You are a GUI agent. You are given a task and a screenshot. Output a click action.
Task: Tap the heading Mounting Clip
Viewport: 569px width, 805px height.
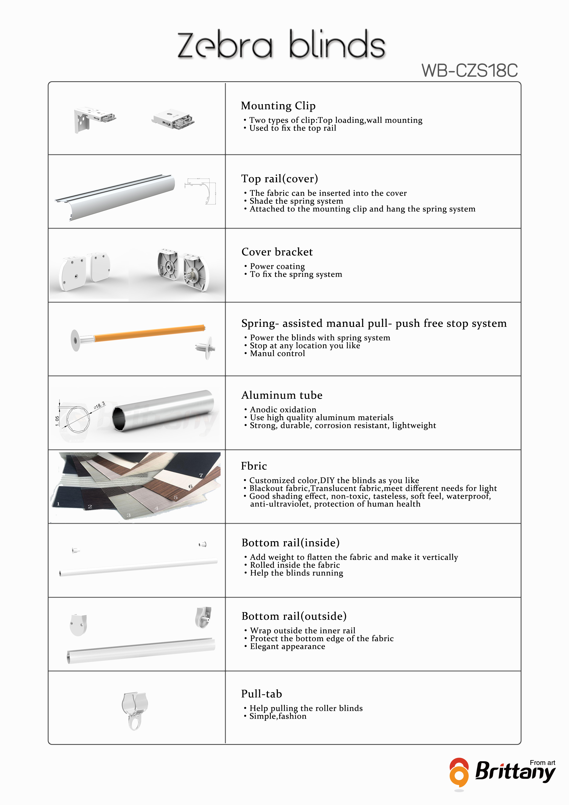[278, 106]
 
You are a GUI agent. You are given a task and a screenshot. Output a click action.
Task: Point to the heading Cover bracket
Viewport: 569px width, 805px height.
[277, 252]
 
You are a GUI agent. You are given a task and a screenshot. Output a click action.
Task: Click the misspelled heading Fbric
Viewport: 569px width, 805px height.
[254, 466]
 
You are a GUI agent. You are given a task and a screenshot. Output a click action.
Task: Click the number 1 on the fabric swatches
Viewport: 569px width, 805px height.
[58, 504]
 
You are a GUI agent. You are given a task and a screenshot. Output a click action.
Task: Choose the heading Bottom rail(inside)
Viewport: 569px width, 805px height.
[290, 543]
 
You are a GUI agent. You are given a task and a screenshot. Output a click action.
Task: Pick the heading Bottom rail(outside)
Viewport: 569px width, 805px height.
[294, 616]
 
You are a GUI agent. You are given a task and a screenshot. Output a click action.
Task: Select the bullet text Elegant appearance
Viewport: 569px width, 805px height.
[287, 646]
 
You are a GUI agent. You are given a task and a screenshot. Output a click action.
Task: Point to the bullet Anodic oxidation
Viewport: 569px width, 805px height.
[283, 410]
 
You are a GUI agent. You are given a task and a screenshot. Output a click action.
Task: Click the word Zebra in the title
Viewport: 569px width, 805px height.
[225, 46]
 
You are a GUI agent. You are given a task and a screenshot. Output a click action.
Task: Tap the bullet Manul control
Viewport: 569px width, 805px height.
[277, 353]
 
